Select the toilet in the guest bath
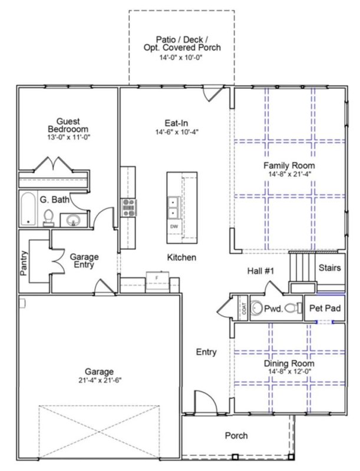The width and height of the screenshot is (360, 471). (49, 218)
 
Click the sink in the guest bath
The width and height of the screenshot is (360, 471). (73, 220)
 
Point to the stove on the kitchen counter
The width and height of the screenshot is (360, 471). (128, 207)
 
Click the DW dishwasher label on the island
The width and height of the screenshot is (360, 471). (174, 227)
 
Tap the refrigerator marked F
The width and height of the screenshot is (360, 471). (156, 277)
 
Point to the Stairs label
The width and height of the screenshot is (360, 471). (329, 268)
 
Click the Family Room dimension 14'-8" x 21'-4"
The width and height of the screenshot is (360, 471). (289, 174)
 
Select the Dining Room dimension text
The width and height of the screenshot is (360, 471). (289, 372)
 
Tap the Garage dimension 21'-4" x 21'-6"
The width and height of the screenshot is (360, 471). (98, 380)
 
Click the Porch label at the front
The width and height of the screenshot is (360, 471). (236, 436)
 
